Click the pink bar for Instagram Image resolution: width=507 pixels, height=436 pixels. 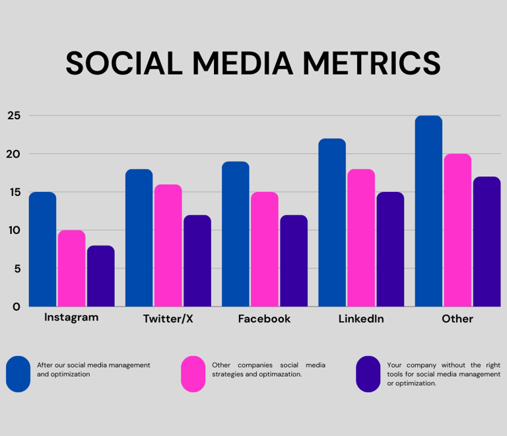point(71,268)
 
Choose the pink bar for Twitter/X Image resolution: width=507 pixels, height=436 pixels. point(168,245)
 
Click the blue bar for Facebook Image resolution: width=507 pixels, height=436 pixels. point(236,234)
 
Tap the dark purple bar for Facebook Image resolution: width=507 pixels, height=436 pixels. point(294,261)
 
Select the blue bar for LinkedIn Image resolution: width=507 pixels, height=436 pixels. point(332,222)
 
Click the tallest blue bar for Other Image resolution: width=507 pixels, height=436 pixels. point(428,211)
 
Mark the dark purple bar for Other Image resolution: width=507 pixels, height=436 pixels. point(487,241)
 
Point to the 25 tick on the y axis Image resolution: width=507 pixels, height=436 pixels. point(15,116)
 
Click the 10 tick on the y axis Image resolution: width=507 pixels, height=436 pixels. point(15,230)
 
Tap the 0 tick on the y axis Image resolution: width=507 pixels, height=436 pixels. point(17,307)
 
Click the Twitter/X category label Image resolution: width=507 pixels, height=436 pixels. point(168,319)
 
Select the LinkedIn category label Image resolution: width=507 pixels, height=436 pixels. point(361,319)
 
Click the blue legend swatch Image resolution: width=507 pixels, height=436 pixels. point(18,374)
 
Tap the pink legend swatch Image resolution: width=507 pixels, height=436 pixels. point(193,374)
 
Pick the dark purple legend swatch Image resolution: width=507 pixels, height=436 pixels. point(368,374)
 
